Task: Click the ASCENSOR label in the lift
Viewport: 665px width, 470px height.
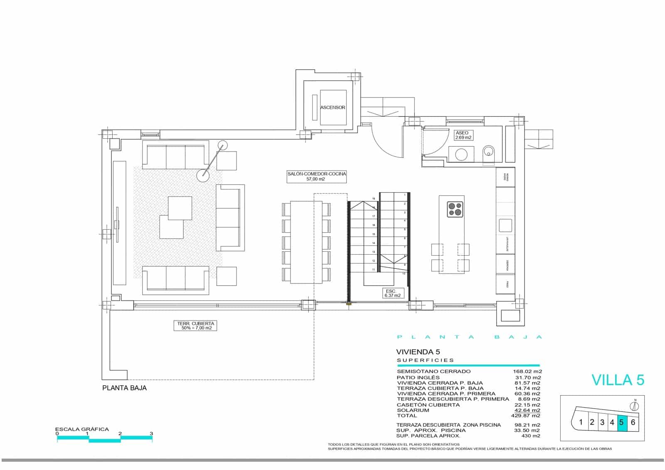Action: click(x=332, y=107)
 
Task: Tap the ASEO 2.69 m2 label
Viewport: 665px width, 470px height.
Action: click(x=463, y=135)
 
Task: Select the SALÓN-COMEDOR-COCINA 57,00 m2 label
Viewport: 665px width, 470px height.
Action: click(x=317, y=176)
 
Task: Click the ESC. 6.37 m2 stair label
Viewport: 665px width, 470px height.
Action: click(x=392, y=293)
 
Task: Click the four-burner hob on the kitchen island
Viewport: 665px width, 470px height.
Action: click(x=455, y=209)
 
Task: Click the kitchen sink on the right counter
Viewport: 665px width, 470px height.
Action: click(x=505, y=225)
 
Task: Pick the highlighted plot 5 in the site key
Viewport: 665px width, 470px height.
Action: click(x=622, y=423)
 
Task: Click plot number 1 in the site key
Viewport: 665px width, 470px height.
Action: click(x=581, y=423)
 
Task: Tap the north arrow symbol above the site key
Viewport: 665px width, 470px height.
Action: click(x=635, y=406)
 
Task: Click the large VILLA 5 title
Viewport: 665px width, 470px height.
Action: click(x=618, y=380)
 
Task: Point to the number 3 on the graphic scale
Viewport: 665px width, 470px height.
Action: click(x=151, y=433)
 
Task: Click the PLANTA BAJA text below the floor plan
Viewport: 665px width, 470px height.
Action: click(x=124, y=388)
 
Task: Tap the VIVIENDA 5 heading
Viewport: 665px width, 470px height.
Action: click(x=418, y=352)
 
